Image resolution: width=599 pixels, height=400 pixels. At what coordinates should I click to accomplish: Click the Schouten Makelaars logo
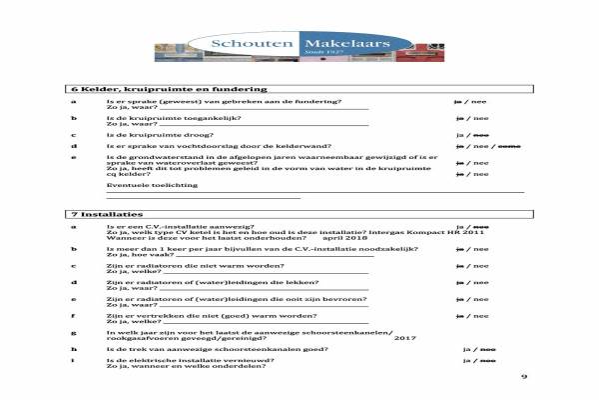[x=299, y=44]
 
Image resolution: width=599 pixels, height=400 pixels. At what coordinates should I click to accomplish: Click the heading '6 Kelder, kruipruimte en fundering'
[x=151, y=89]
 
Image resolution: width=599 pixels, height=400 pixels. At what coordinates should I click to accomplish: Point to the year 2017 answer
[x=404, y=339]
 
